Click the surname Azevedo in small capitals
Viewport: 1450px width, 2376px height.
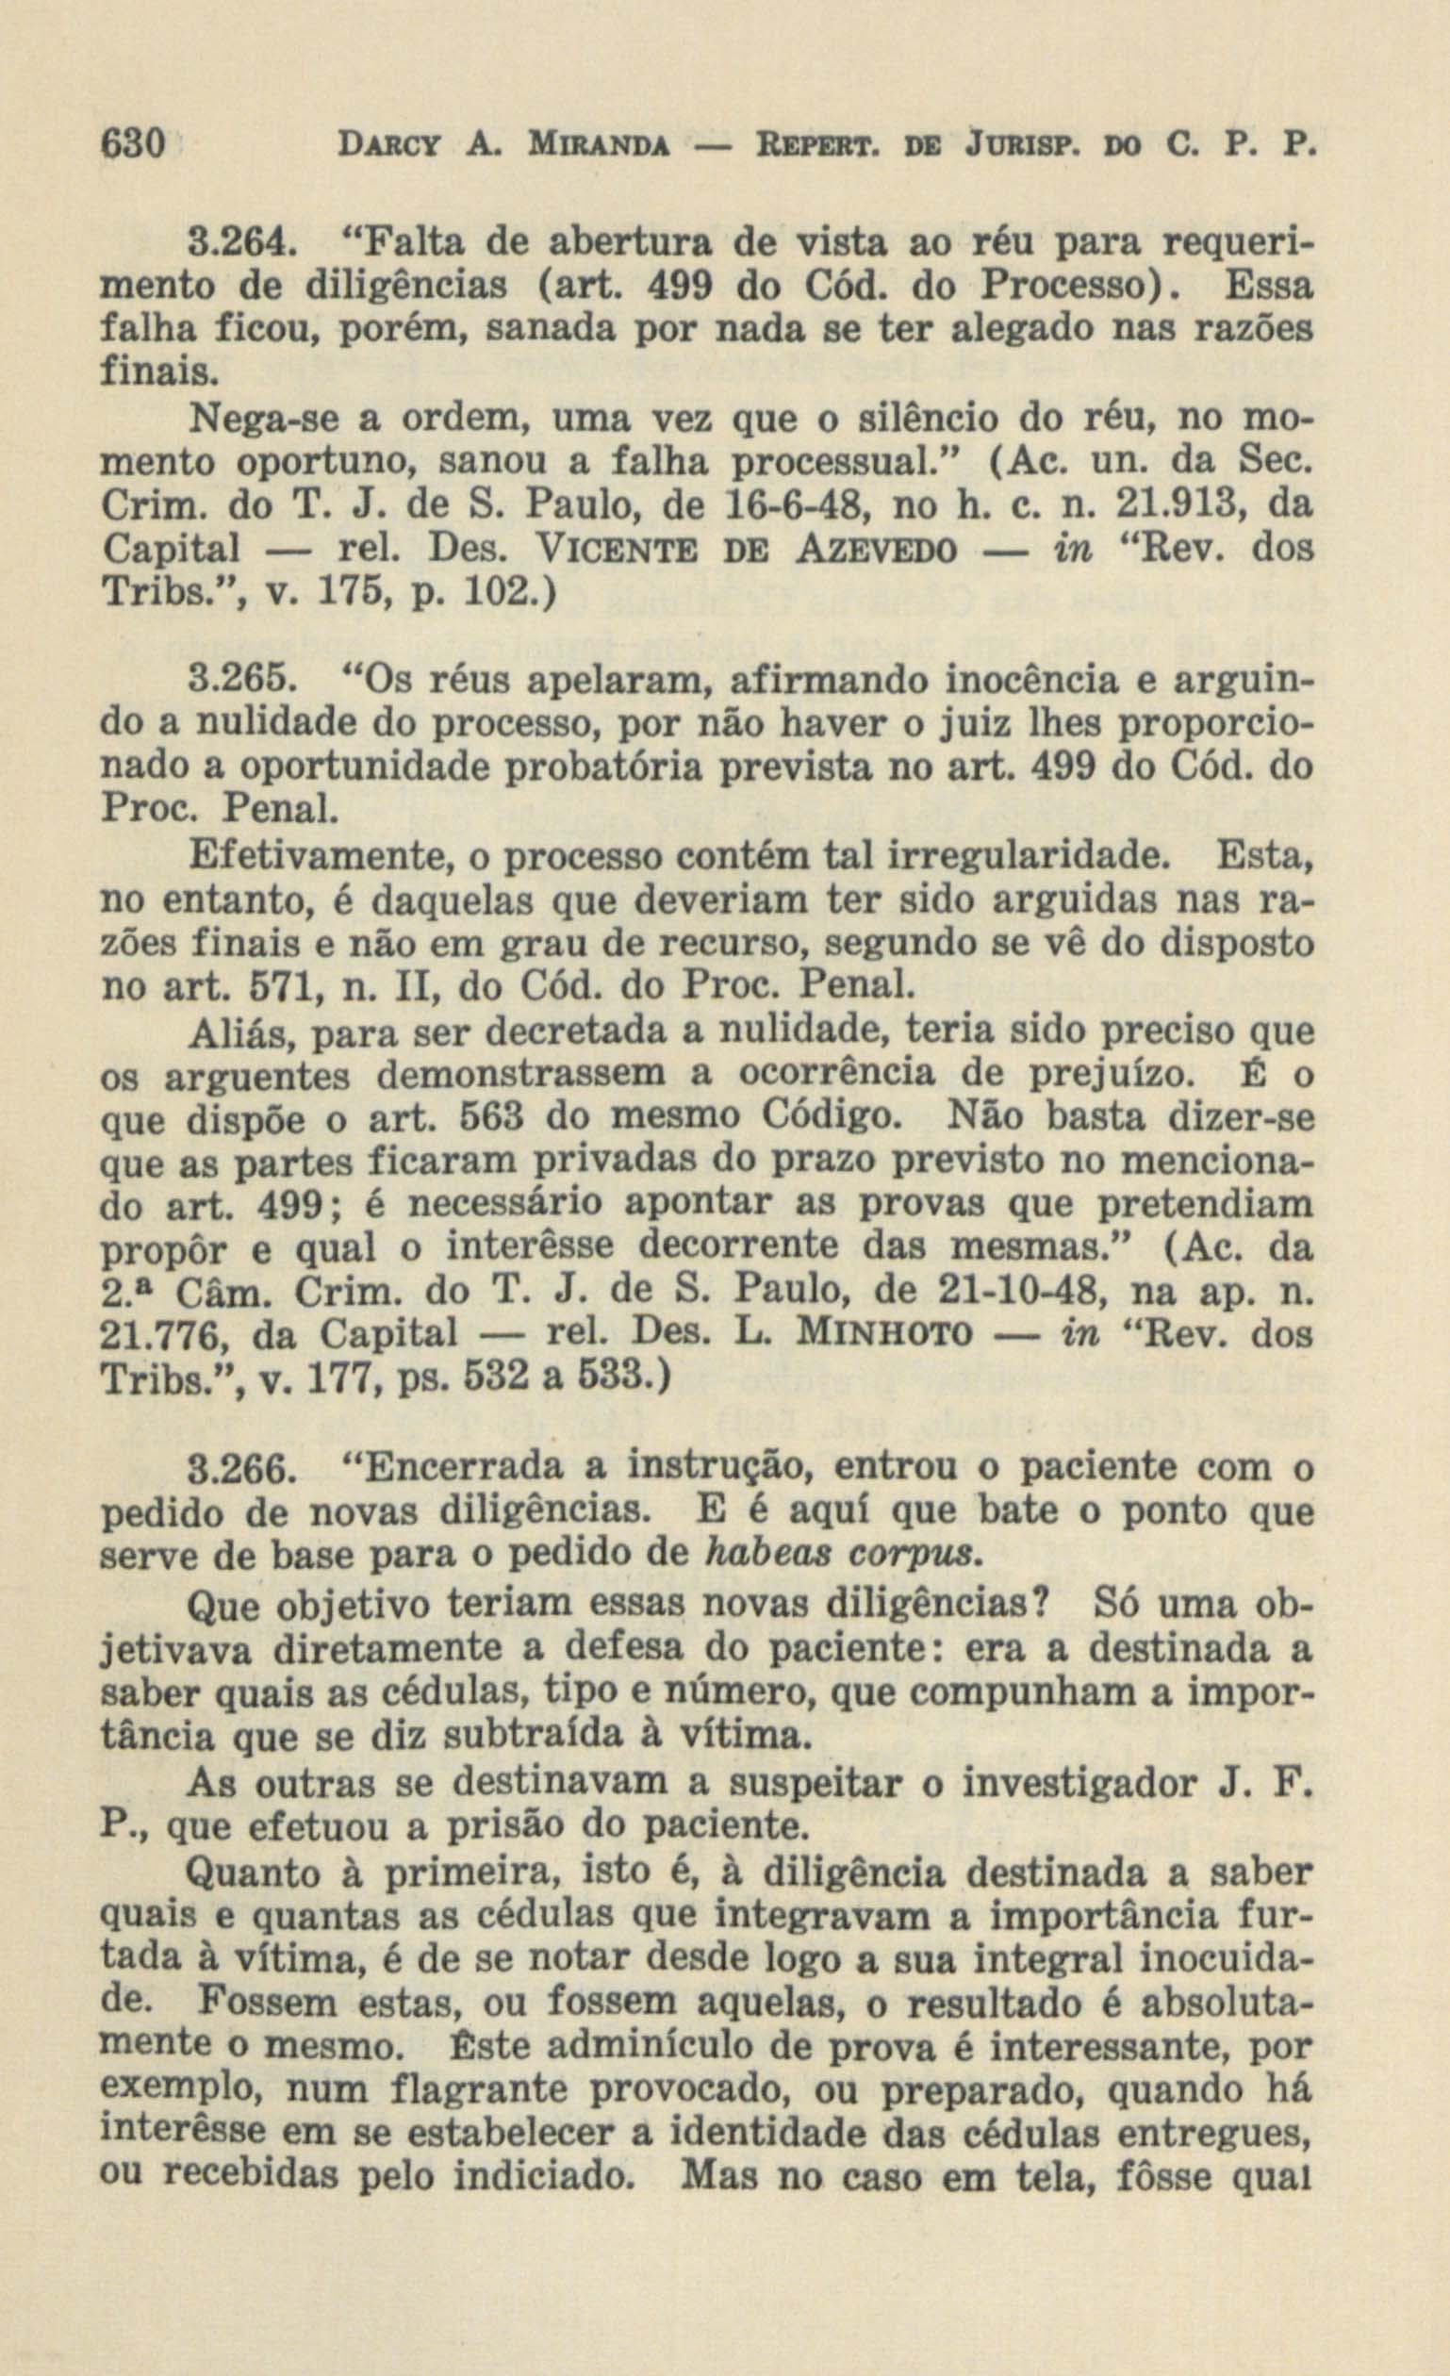pos(877,549)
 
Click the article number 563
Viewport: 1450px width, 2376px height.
pos(489,1115)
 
